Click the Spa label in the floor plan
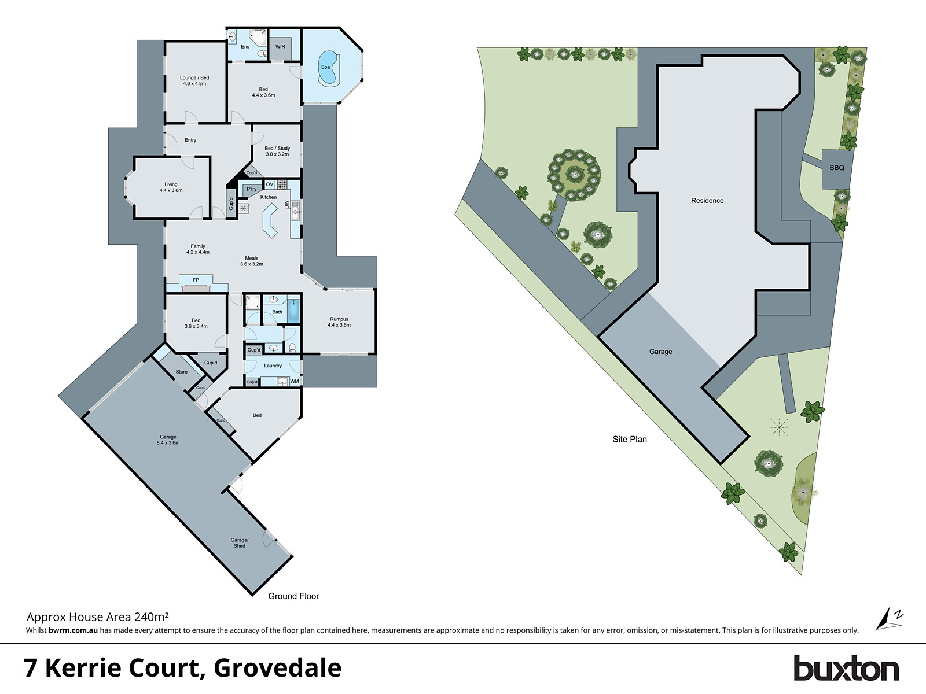[x=325, y=67]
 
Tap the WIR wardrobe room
[x=280, y=47]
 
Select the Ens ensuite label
[x=245, y=47]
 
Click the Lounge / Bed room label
[x=194, y=80]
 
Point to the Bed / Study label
[x=277, y=151]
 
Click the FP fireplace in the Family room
[x=196, y=280]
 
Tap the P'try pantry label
[x=252, y=189]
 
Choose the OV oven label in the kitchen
[x=270, y=184]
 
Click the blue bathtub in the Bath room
[x=294, y=311]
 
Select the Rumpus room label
[x=339, y=322]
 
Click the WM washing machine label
[x=295, y=382]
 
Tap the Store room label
[x=182, y=372]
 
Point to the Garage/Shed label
[x=240, y=542]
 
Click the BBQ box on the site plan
[x=837, y=168]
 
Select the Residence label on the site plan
[x=707, y=201]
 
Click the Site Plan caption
[x=630, y=439]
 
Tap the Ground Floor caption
[x=293, y=596]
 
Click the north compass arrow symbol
[x=885, y=619]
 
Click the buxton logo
[x=846, y=669]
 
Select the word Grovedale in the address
[x=278, y=668]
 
